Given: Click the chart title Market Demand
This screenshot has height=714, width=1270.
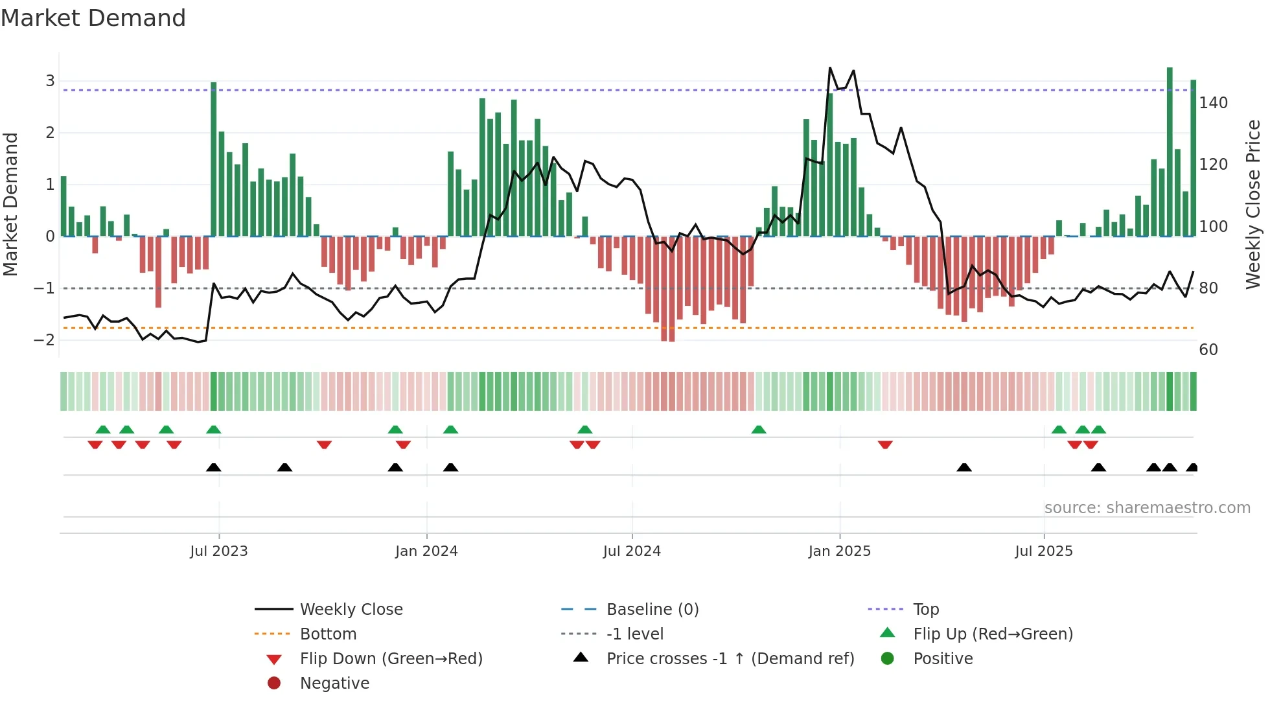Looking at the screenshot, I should [93, 17].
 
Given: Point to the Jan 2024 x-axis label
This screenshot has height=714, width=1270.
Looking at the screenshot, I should [426, 551].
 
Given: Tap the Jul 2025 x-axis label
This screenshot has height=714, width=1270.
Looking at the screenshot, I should [1043, 551].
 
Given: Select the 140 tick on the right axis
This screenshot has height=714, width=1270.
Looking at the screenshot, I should [1213, 103].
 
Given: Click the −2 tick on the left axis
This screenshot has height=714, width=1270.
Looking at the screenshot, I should [44, 340].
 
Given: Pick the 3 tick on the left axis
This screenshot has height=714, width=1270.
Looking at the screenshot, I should [50, 81].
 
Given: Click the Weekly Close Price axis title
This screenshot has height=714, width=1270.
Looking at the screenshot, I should [1253, 204].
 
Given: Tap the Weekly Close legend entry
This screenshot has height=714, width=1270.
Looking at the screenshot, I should [351, 610].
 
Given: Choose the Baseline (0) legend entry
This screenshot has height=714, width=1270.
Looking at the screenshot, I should [652, 610].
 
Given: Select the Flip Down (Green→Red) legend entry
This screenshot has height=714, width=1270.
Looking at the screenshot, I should [391, 659].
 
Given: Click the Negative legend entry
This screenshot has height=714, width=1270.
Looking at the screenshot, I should [334, 684].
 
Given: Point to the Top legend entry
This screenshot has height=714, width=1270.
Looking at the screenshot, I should [925, 610].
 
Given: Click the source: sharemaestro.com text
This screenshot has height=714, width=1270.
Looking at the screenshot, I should [1147, 508].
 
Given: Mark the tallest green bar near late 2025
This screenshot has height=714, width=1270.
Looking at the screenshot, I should [1170, 152].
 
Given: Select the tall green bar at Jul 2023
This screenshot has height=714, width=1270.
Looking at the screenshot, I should [214, 159].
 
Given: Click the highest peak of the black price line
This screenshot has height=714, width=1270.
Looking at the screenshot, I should [830, 68].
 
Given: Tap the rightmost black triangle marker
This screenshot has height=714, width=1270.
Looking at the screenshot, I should [1192, 467].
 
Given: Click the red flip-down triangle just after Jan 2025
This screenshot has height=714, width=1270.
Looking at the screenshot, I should [885, 444].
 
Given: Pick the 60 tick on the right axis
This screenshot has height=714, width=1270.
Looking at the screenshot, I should [1208, 350].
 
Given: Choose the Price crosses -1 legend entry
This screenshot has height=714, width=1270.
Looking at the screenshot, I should [730, 659].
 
